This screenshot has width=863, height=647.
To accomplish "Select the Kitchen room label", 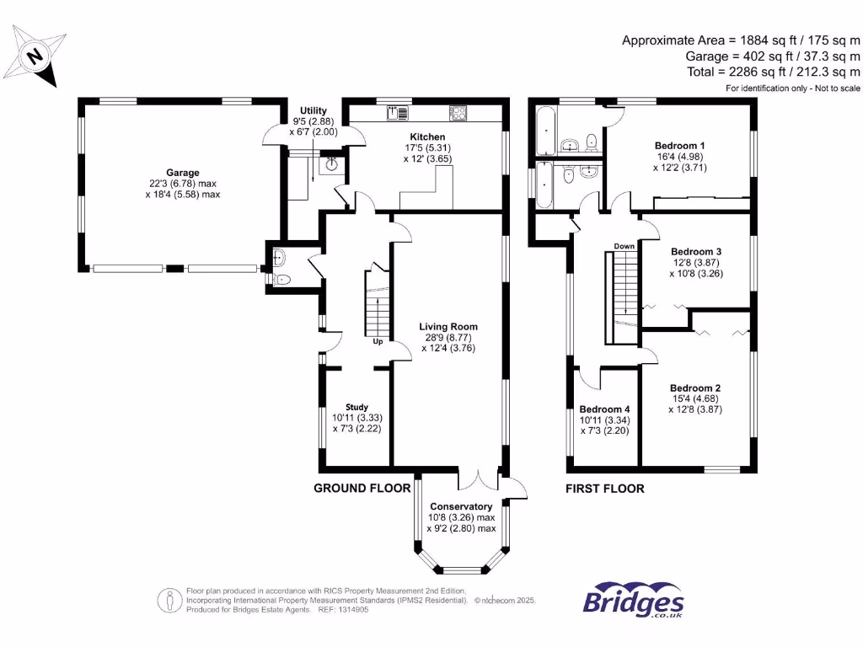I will coord(427,136).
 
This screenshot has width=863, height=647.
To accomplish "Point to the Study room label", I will coord(356,407).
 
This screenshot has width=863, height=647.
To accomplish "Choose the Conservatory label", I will coord(460,506).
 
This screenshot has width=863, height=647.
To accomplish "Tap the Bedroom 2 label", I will coord(695,388).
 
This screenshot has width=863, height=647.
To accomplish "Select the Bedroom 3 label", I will coord(696,251).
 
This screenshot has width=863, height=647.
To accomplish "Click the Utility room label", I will coord(314,110).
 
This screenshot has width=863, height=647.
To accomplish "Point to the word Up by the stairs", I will coord(378,342).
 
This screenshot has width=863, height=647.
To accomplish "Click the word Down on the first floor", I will coord(624,246).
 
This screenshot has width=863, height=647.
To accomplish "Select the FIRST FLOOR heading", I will coord(604,488).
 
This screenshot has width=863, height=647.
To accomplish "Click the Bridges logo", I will coord(633,602).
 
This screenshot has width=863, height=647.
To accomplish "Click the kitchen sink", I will coord(397,112).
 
